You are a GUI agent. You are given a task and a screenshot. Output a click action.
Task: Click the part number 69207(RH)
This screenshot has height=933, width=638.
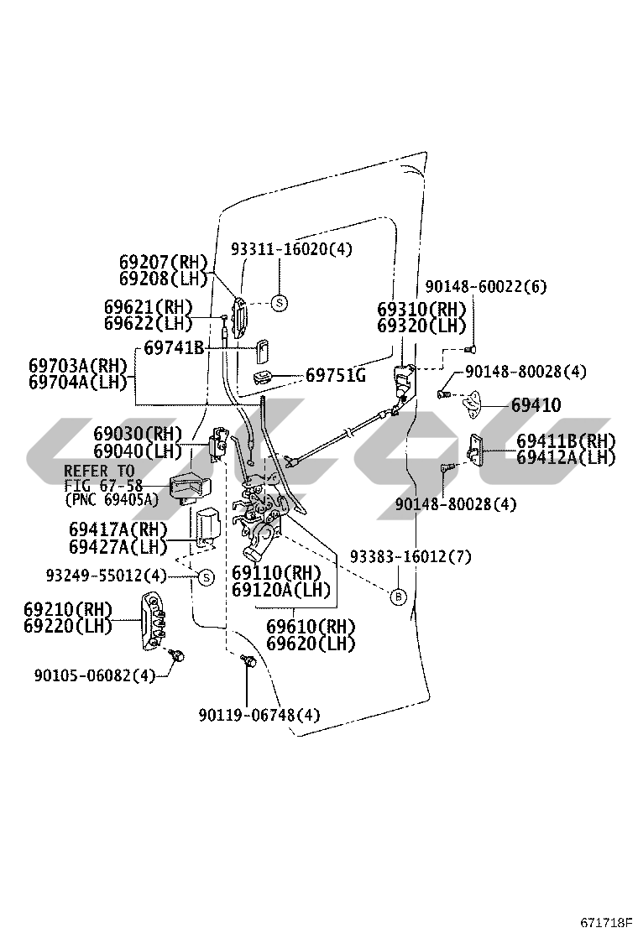click(x=163, y=263)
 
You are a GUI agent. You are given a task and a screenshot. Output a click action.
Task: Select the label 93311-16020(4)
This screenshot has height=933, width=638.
click(x=291, y=249)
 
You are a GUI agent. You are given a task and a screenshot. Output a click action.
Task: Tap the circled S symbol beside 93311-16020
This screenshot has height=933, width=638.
click(x=280, y=303)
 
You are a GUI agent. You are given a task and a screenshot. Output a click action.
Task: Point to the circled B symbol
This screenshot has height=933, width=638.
click(x=399, y=597)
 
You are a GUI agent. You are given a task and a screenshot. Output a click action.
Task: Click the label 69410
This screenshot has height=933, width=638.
click(x=536, y=406)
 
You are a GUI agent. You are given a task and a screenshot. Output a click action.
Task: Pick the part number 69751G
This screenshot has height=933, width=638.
click(x=335, y=374)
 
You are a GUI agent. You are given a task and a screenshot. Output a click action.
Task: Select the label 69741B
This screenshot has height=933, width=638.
click(x=174, y=347)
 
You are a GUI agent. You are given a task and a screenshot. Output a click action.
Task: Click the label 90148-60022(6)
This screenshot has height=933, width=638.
click(x=485, y=287)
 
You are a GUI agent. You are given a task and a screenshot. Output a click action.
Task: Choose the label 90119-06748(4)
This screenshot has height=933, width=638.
click(x=259, y=715)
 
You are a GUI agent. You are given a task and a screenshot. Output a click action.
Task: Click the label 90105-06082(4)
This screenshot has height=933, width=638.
click(x=95, y=675)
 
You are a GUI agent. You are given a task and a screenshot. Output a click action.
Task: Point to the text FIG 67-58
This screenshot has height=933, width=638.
click(x=103, y=486)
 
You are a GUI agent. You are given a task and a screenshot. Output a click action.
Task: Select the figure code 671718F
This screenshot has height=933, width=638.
click(x=605, y=922)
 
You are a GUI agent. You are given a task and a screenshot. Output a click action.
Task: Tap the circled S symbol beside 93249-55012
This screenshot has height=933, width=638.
click(x=204, y=576)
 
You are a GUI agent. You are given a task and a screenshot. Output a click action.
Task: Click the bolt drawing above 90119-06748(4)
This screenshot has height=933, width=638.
click(x=248, y=661)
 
